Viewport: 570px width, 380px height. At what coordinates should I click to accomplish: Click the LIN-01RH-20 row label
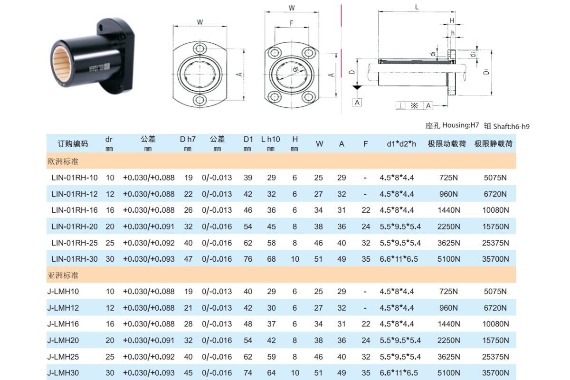click(x=75, y=227)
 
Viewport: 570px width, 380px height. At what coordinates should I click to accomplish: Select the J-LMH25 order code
click(x=63, y=357)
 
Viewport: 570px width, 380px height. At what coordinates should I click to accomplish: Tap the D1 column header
click(x=248, y=139)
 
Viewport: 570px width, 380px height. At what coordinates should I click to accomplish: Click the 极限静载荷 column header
click(x=494, y=143)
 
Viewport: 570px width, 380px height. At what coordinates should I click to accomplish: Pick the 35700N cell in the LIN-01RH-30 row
click(x=496, y=259)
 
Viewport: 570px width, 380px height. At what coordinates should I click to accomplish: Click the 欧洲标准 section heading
click(x=63, y=161)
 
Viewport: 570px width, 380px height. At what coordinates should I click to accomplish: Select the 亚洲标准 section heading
click(x=63, y=275)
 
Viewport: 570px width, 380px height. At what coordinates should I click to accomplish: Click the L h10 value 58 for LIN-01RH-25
click(x=271, y=243)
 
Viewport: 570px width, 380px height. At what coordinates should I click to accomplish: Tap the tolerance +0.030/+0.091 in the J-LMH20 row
click(x=149, y=341)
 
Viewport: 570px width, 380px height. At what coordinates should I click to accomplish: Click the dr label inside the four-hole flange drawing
click(x=295, y=70)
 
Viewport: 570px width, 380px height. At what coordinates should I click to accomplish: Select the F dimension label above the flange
click(x=291, y=23)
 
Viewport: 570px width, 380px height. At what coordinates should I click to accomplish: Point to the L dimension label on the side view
click(x=417, y=7)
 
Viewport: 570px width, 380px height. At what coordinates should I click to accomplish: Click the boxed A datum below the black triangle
click(x=357, y=102)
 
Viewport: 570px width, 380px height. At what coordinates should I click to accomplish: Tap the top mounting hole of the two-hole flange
click(x=200, y=47)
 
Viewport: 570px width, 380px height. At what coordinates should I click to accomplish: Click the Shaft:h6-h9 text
click(x=511, y=126)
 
